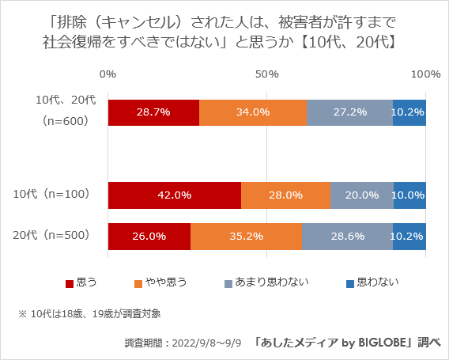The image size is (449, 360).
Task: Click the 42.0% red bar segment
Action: tap(175, 195)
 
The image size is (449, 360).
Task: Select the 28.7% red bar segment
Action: tap(153, 112)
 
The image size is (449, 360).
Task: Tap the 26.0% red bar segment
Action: tap(149, 236)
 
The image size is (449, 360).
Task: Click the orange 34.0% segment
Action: tap(253, 112)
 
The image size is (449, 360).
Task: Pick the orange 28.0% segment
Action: tap(285, 195)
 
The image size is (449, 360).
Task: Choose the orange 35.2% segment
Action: tap(246, 236)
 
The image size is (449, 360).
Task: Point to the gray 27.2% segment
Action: tap(349, 112)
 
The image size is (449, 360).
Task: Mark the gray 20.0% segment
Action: tap(361, 195)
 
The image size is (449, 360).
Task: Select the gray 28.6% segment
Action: tap(347, 236)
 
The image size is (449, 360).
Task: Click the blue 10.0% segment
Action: tap(409, 195)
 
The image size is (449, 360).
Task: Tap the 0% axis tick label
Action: tap(108, 74)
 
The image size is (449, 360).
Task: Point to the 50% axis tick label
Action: tap(267, 74)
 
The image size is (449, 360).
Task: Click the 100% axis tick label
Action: tap(426, 74)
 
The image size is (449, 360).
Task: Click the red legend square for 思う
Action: tap(70, 282)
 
